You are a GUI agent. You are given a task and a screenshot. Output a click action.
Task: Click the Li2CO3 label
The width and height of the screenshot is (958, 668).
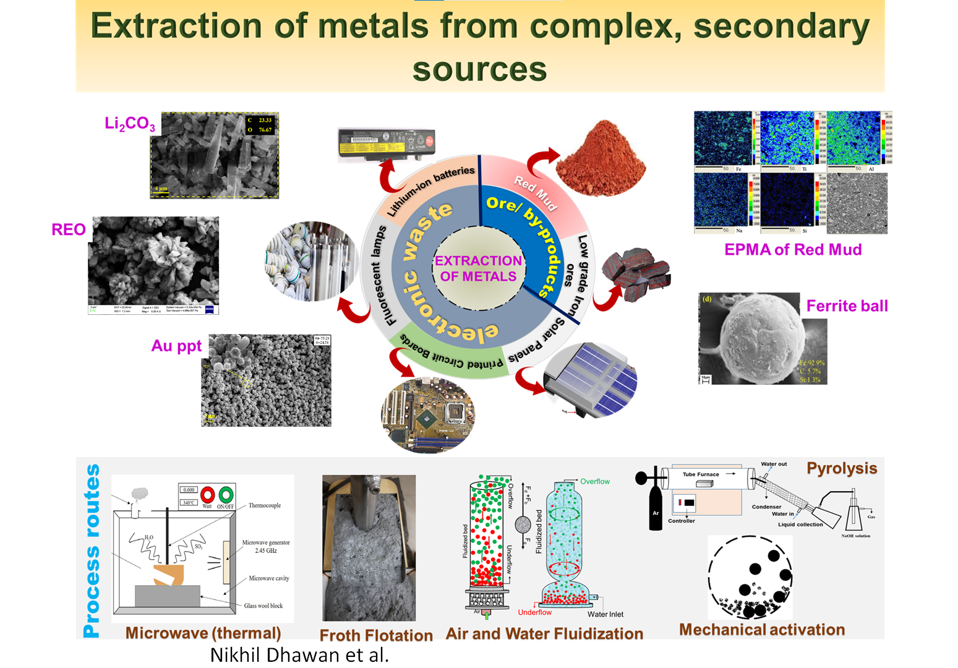click(130, 124)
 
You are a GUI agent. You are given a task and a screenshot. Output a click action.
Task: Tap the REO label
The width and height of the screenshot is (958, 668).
click(69, 229)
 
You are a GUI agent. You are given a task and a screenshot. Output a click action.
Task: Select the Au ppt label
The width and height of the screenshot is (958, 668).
click(176, 346)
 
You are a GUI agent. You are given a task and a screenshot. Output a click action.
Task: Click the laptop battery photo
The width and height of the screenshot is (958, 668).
click(386, 143)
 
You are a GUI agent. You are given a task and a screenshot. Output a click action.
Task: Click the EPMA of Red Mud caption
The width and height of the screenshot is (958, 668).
click(793, 249)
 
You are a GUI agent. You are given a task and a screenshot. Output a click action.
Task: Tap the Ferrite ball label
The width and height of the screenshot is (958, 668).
click(847, 306)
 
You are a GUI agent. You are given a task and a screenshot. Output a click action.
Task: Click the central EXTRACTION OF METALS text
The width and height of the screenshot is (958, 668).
click(478, 268)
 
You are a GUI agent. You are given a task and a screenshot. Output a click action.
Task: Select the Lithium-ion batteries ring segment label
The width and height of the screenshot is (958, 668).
click(431, 190)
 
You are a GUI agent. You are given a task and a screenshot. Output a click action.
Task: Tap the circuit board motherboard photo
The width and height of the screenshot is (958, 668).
click(428, 414)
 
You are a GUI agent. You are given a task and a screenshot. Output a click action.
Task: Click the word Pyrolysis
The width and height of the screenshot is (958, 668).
click(842, 468)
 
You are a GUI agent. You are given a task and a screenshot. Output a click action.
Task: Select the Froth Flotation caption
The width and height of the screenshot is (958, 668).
click(376, 635)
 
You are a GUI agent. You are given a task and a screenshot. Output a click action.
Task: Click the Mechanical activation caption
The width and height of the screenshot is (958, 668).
click(762, 629)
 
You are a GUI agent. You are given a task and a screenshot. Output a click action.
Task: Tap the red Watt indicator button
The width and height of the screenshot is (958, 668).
click(207, 495)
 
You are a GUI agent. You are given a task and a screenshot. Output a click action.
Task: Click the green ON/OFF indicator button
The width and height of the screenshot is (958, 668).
click(226, 495)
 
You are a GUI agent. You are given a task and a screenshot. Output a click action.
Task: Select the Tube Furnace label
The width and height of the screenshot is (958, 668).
click(701, 474)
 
